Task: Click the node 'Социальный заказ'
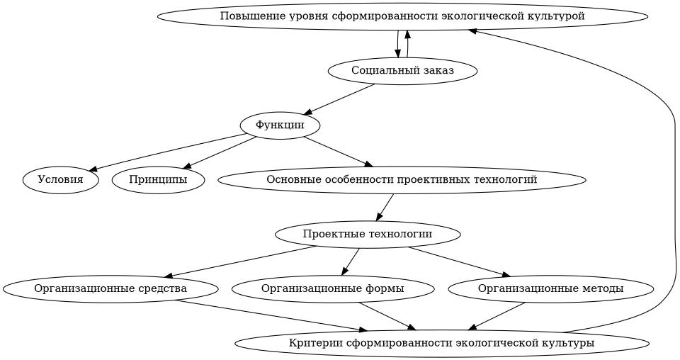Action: click(402, 71)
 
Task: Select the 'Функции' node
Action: click(280, 125)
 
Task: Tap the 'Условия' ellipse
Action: click(61, 180)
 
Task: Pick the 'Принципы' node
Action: click(158, 180)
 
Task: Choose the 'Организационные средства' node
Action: click(110, 289)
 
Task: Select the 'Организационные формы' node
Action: click(333, 289)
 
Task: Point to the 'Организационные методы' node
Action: click(550, 289)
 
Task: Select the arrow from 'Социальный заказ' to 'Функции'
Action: click(340, 99)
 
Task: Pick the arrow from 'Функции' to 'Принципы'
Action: click(220, 152)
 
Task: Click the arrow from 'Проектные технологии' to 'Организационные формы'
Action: click(351, 261)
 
